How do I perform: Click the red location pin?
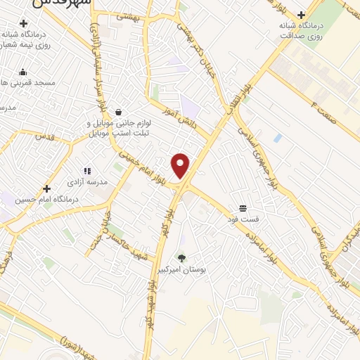[181, 165]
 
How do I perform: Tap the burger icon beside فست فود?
[243, 208]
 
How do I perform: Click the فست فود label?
[243, 219]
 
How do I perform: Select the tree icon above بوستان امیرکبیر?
[182, 258]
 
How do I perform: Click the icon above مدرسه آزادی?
[88, 171]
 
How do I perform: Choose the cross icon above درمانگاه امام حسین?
[46, 188]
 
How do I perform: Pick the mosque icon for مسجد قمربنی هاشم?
[23, 71]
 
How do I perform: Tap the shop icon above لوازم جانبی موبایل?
[118, 112]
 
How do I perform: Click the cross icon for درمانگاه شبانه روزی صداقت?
[301, 15]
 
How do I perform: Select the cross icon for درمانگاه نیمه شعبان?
[23, 24]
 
